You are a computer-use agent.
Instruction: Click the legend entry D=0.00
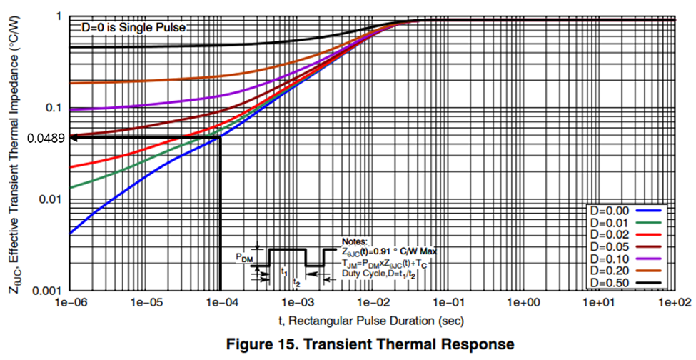click(x=612, y=211)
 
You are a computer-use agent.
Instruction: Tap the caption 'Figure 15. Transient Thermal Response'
click(x=370, y=345)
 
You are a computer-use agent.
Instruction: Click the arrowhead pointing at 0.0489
click(x=74, y=138)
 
